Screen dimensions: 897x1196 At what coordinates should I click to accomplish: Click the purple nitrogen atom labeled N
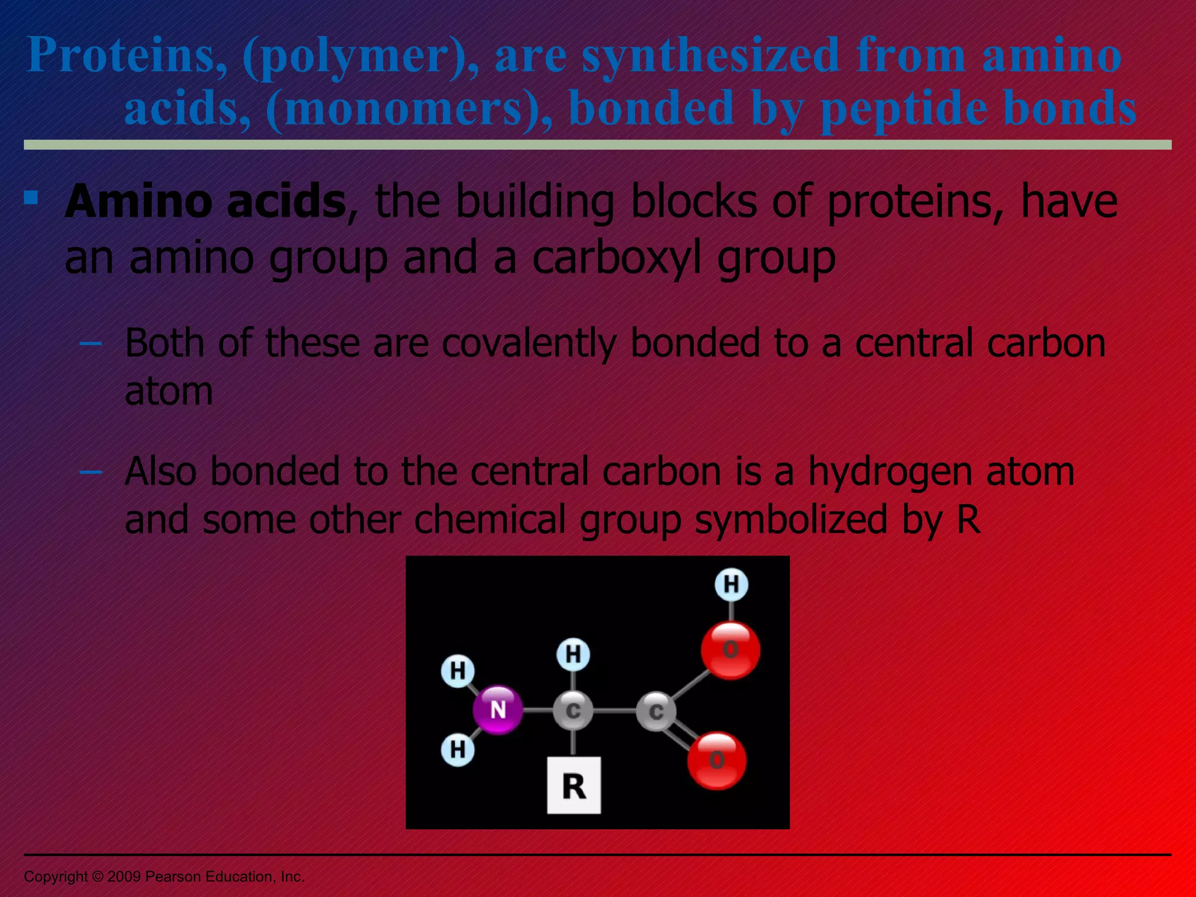coord(498,710)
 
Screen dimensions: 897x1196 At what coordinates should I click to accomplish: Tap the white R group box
coord(573,785)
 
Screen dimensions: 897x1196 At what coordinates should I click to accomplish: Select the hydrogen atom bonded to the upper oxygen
coord(731,585)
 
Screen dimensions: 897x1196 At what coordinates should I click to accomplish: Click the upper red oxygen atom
coord(731,650)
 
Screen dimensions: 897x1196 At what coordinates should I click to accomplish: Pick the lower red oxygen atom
coord(717,760)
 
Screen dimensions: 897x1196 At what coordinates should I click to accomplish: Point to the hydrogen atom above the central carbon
coord(573,654)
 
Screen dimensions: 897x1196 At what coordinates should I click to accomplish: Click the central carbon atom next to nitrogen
coord(573,710)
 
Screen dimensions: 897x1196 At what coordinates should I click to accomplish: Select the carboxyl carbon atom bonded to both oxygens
coord(656,711)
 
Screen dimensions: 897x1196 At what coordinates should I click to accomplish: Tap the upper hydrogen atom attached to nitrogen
coord(458,670)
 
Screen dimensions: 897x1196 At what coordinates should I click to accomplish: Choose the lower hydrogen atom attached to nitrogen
coord(458,749)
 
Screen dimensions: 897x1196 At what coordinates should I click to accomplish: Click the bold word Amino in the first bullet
coord(138,201)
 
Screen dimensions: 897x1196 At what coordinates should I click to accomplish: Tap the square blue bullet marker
coord(31,198)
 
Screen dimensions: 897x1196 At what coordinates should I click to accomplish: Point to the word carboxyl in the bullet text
coord(617,258)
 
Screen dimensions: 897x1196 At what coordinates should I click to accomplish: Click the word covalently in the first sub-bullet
coord(529,343)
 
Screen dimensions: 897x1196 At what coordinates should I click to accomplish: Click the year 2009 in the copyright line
coord(124,877)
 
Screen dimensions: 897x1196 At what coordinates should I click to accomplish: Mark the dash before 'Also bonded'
coord(91,471)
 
